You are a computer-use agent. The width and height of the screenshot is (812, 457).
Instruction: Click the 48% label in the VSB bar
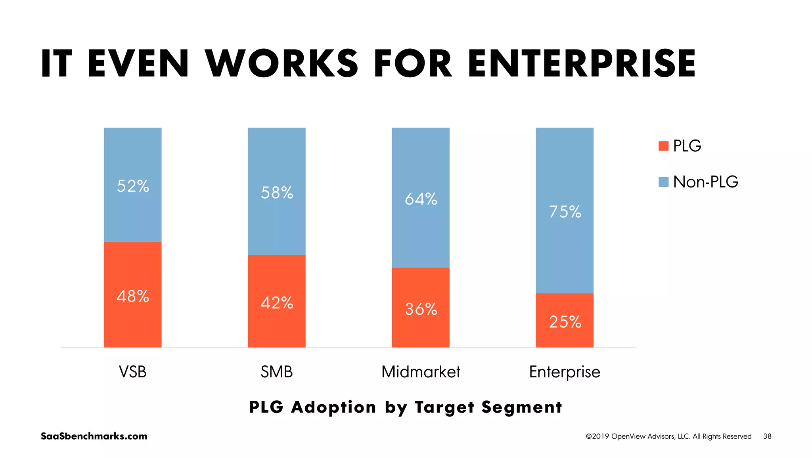133,296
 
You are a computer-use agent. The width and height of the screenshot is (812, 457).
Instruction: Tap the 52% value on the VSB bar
133,186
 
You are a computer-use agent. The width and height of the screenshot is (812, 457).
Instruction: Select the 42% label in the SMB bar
277,303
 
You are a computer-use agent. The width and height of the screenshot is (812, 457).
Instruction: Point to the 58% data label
277,193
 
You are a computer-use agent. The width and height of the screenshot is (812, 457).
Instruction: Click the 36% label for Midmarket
421,309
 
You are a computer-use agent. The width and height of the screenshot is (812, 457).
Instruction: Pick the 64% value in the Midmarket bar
421,199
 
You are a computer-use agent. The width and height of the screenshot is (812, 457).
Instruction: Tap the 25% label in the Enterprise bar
565,322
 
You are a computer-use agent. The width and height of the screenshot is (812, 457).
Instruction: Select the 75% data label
565,212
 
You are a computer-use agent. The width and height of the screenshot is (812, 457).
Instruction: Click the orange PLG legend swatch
663,146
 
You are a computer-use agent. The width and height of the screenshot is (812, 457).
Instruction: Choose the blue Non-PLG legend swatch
663,182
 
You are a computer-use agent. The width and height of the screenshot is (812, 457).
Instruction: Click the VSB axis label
133,372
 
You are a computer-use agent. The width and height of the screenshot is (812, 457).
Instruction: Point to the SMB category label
277,372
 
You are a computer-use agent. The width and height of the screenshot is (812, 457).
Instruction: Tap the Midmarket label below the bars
421,372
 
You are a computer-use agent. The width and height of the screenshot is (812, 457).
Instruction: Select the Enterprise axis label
565,372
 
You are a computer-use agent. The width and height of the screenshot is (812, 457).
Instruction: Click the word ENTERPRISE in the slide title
582,63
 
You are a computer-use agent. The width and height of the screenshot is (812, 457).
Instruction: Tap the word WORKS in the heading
282,63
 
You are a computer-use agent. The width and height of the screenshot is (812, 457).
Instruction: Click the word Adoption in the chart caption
333,407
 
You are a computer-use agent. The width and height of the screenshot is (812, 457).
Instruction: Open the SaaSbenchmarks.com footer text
94,436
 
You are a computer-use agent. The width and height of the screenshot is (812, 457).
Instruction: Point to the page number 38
767,436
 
